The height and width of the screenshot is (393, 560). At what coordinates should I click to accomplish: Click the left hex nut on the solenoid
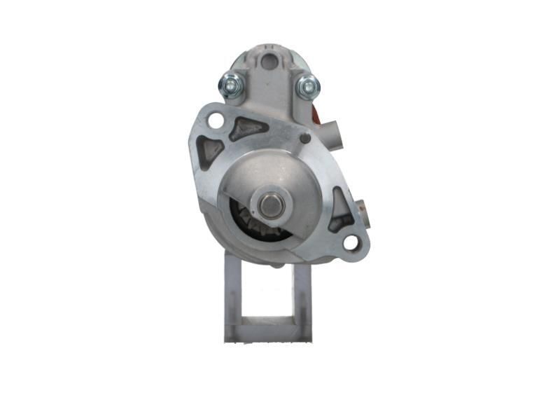(x=231, y=85)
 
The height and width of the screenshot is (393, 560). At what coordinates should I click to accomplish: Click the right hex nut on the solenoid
(x=307, y=87)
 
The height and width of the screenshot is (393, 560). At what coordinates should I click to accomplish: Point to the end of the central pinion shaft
(x=269, y=204)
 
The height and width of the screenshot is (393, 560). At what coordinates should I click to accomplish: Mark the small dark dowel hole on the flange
(x=305, y=139)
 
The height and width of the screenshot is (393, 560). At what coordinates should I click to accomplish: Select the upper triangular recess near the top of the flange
(x=248, y=127)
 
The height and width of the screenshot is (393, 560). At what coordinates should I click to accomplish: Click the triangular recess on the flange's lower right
(x=340, y=209)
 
